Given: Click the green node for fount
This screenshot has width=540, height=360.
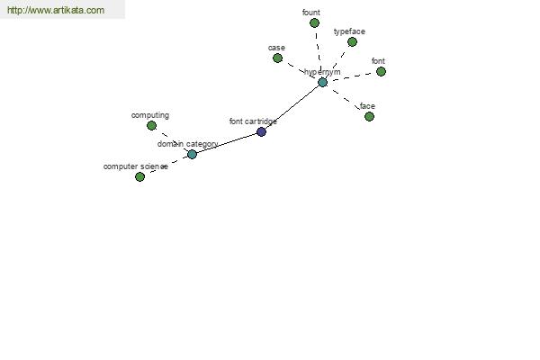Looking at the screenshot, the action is click(x=314, y=23).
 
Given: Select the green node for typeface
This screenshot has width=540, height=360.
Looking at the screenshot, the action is click(x=352, y=42).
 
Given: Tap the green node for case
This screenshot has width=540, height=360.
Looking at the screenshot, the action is click(x=277, y=58).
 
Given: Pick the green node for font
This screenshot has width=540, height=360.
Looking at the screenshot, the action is click(x=381, y=72).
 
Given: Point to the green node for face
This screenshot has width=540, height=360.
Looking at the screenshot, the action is click(x=369, y=116).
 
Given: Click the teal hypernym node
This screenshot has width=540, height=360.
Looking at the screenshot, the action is click(x=322, y=82).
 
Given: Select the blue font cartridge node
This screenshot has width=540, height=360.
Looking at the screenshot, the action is click(x=261, y=131).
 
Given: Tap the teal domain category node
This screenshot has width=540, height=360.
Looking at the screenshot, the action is click(x=192, y=154).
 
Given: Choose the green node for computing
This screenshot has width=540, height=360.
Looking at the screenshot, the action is click(x=151, y=125).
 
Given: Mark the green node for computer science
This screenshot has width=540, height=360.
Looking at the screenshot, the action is click(x=139, y=176).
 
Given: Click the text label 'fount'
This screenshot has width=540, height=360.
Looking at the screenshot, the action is click(x=311, y=13).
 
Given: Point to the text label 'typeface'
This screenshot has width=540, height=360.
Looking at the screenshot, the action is click(x=349, y=31).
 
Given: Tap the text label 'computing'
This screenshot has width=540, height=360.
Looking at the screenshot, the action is click(x=150, y=115).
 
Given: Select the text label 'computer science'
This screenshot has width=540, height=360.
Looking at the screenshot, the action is click(x=136, y=166).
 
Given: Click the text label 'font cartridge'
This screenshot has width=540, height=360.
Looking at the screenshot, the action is click(x=253, y=121).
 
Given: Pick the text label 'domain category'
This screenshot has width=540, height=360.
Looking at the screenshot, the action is click(x=188, y=144).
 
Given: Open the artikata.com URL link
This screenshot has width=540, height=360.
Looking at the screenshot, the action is click(x=56, y=10).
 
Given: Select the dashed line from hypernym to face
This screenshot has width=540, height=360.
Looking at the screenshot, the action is click(x=346, y=100).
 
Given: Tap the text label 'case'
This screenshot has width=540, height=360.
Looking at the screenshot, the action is click(x=276, y=48).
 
